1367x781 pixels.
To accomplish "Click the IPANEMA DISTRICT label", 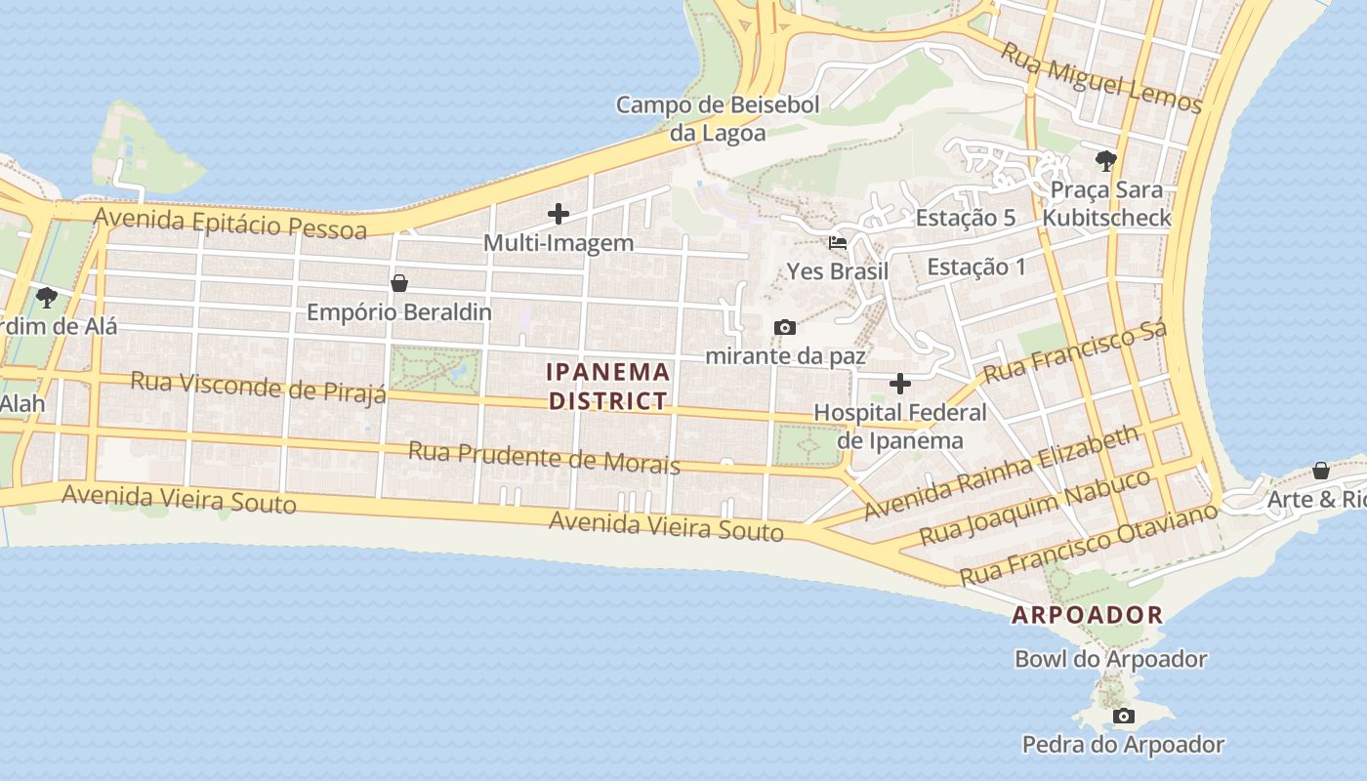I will [608, 386].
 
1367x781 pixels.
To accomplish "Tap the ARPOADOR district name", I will [1087, 615].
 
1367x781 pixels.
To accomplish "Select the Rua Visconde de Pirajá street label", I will [259, 386].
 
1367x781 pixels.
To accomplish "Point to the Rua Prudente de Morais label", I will [544, 457].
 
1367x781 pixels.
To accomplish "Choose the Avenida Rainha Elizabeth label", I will [1002, 472].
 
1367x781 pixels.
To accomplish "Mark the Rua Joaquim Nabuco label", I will [1036, 507].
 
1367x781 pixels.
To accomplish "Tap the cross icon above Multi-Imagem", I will [559, 213].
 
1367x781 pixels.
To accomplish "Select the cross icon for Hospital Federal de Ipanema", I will [900, 384].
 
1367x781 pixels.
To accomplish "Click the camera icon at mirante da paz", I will [784, 327].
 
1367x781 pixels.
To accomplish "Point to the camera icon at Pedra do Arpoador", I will [1124, 717].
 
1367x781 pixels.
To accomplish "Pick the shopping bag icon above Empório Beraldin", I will [398, 283].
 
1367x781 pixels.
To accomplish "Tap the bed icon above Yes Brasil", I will [838, 242].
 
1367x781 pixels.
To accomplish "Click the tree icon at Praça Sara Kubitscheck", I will [1105, 160].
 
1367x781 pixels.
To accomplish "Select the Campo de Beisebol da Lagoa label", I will [718, 118].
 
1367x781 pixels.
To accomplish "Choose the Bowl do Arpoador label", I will [1110, 659].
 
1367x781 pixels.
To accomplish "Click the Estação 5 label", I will [965, 218].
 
